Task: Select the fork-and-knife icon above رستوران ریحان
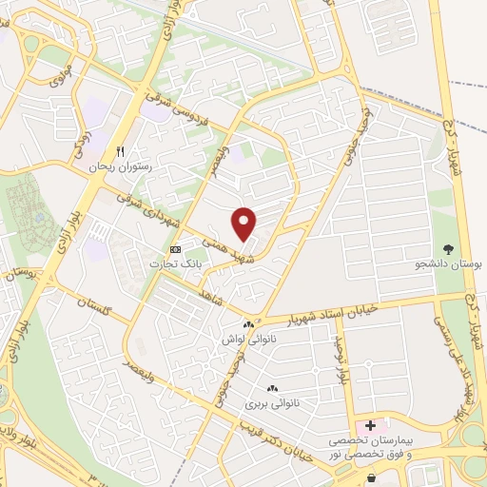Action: click(120, 151)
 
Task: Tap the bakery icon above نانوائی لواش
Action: click(248, 324)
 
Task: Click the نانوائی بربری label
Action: click(273, 403)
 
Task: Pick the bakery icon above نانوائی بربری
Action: click(273, 388)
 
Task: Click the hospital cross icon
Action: click(371, 425)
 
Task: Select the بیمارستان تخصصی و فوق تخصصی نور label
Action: click(373, 449)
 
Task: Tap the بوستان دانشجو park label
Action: click(450, 259)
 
